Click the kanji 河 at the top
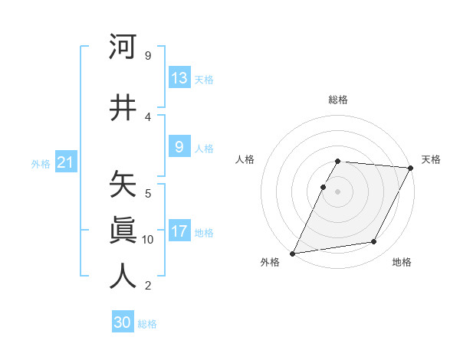tap(123, 47)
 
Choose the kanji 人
tap(123, 276)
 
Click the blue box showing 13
tap(179, 78)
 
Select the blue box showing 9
tap(179, 147)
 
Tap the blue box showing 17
tap(179, 232)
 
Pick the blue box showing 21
tap(65, 163)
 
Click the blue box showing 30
tap(123, 322)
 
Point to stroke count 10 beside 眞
tap(148, 240)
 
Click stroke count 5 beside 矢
tap(148, 193)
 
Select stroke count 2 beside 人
tap(148, 286)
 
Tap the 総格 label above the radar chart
tap(338, 100)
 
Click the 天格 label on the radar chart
tap(431, 159)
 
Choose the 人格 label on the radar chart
tap(245, 159)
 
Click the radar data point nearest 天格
tap(411, 168)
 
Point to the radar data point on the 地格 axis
tap(374, 242)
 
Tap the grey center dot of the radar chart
tap(338, 191)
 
